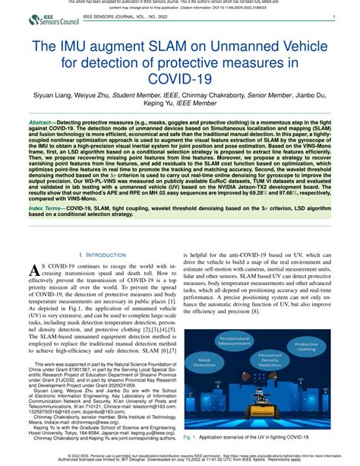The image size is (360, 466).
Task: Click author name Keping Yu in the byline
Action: pyautogui.click(x=180, y=107)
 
